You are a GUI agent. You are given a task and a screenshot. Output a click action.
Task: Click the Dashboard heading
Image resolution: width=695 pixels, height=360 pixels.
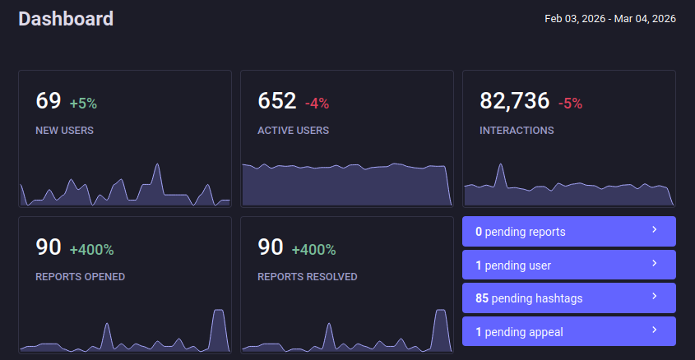pos(66,18)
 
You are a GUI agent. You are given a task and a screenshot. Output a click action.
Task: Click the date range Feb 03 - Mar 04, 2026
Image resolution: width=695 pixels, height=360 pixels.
pos(609,18)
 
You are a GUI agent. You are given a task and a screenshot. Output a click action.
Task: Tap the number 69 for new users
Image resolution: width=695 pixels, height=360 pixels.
pos(49,101)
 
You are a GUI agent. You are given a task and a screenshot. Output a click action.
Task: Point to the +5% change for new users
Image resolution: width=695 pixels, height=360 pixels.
pos(83,104)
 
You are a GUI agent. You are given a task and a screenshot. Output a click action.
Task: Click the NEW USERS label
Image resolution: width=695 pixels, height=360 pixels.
pos(64,130)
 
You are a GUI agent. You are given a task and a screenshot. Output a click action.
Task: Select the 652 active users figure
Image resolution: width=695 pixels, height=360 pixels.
pos(277,101)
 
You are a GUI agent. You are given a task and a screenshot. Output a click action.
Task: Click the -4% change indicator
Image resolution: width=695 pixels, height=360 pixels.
pos(317,104)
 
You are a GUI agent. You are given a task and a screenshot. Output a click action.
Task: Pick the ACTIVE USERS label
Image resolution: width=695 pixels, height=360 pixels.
pos(293,130)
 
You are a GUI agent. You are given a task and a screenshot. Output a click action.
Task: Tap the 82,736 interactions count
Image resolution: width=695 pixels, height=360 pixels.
pos(514,101)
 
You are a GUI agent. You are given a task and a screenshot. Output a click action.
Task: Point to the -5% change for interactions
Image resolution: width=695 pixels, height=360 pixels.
pos(570,104)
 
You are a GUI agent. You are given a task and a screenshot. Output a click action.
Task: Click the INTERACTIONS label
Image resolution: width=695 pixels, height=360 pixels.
pos(517,130)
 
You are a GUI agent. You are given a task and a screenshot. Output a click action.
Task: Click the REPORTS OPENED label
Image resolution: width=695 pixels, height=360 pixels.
pos(80,277)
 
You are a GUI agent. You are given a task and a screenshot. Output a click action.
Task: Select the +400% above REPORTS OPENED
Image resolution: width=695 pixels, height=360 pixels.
pos(91,250)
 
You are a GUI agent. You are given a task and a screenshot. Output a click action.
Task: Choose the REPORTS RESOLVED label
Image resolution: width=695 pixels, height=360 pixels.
pos(307,277)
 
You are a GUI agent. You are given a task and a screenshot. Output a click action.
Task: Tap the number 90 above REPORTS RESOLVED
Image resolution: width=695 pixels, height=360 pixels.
pos(271,247)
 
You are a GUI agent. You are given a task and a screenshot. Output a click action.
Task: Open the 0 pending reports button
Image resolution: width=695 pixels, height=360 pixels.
pos(568,232)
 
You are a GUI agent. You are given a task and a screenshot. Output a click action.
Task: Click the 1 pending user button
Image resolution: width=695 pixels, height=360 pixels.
pos(568,265)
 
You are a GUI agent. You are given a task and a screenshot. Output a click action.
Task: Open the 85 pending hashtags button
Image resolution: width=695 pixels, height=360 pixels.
pos(568,298)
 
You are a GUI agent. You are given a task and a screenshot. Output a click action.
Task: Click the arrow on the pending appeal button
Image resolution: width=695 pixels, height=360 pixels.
pos(655,330)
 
